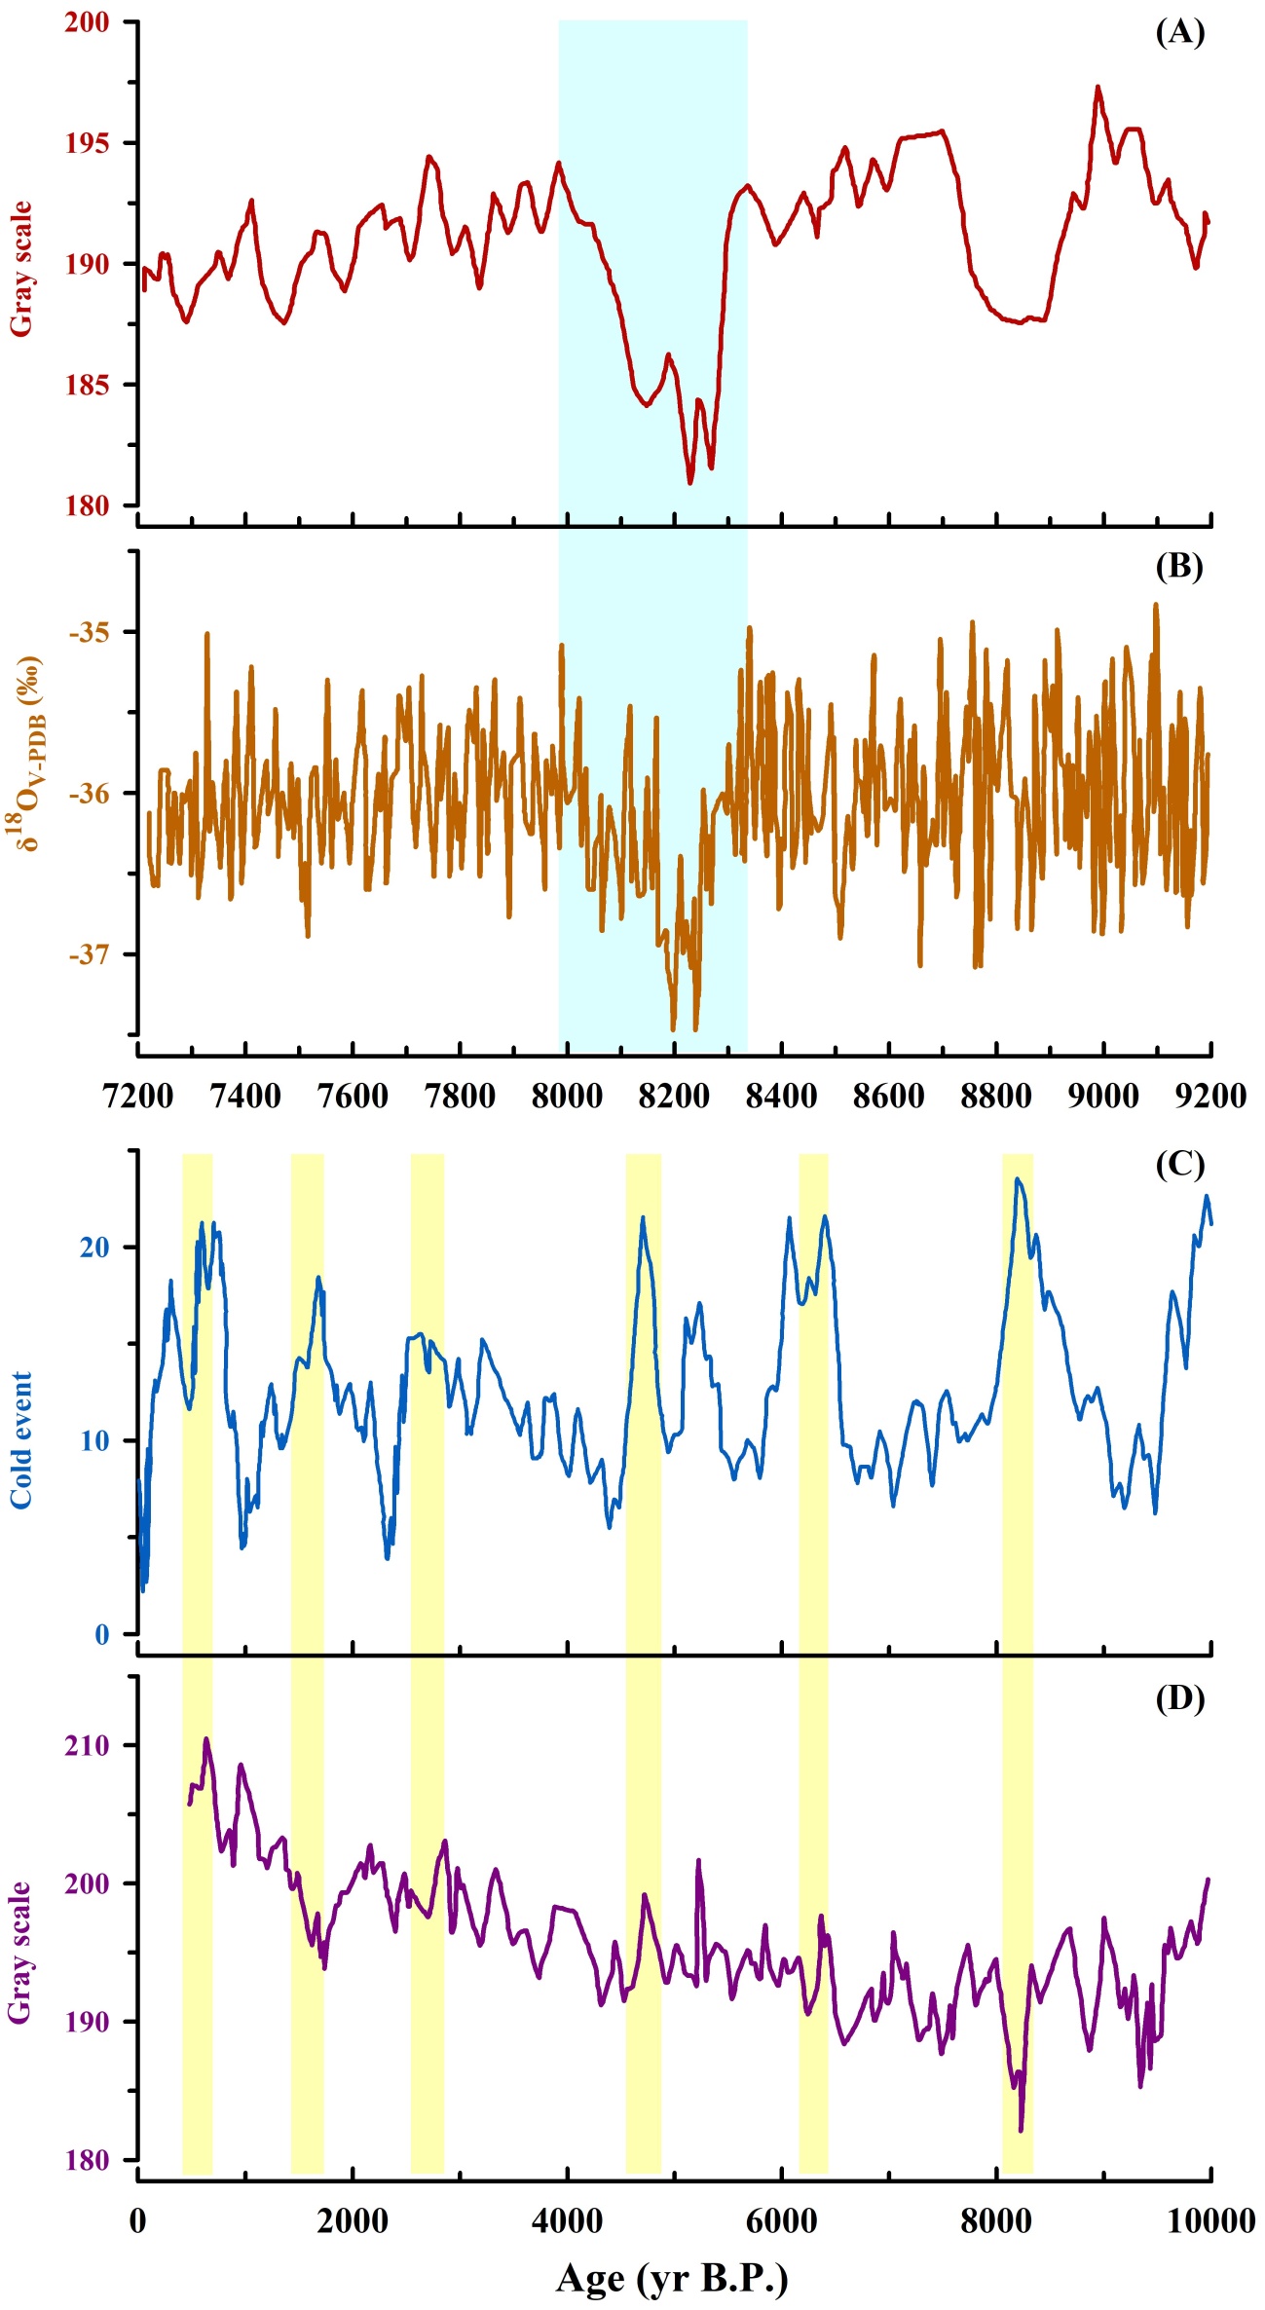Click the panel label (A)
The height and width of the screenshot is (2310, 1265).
click(1179, 33)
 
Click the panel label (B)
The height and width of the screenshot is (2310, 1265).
click(1179, 566)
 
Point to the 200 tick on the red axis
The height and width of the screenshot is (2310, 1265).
click(87, 21)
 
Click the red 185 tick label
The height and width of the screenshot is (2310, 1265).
click(87, 385)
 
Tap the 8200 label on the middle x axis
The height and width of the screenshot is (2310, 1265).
click(674, 1096)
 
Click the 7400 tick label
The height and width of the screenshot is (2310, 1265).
click(245, 1096)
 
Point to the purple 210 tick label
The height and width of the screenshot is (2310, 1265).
click(89, 1745)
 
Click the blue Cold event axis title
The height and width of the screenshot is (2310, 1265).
click(21, 1440)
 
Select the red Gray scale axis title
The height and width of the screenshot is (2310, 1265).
click(21, 269)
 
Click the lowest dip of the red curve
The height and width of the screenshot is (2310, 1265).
click(690, 483)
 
